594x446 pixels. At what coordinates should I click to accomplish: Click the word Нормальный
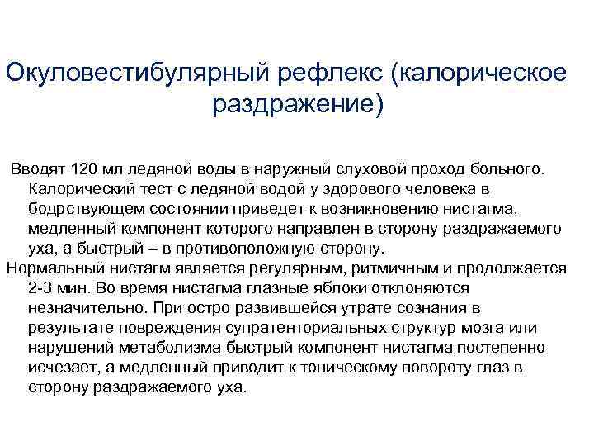click(54, 268)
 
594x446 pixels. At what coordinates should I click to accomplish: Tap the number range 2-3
click(41, 288)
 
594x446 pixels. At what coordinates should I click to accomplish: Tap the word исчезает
click(59, 368)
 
